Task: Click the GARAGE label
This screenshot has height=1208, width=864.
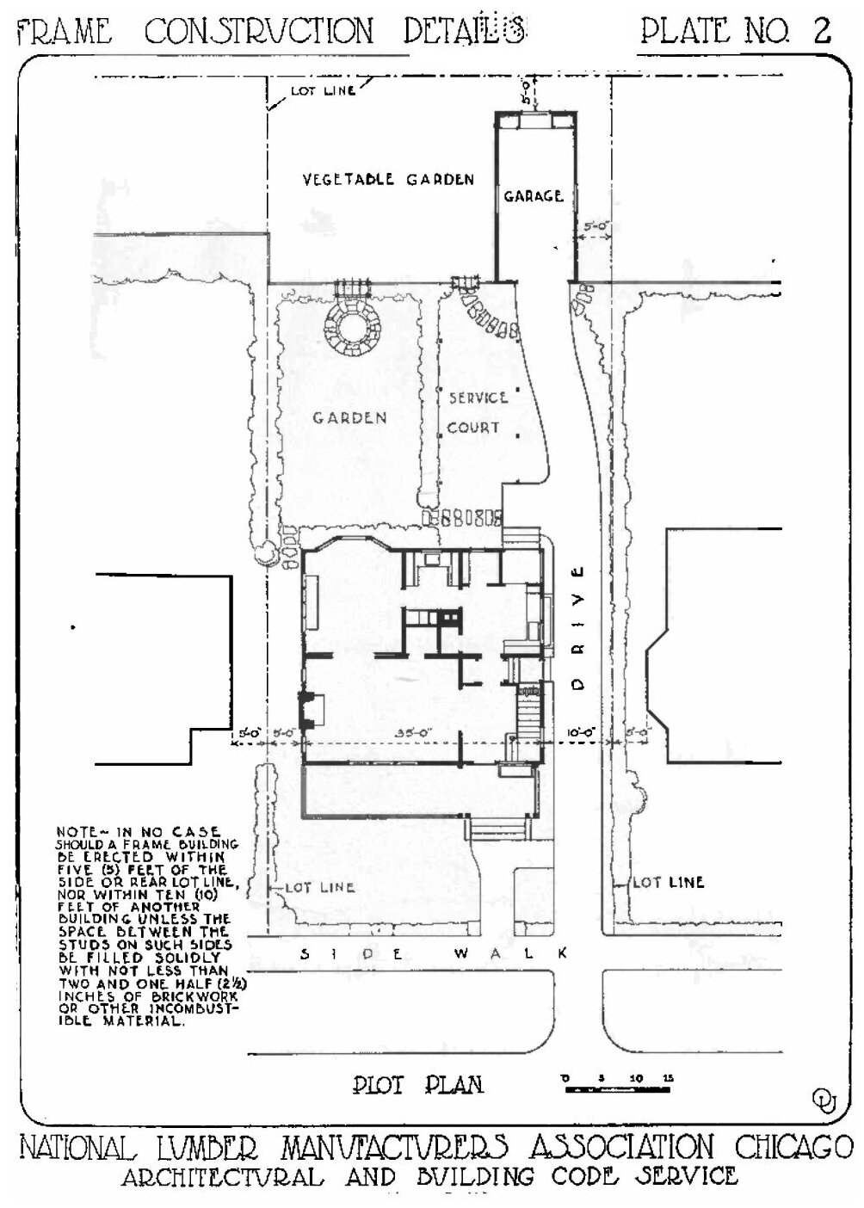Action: pyautogui.click(x=534, y=196)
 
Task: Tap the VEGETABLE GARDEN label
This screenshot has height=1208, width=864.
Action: pyautogui.click(x=389, y=180)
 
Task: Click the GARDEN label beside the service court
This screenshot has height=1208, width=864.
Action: pyautogui.click(x=349, y=418)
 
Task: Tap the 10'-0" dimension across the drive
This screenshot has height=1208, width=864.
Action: pyautogui.click(x=579, y=734)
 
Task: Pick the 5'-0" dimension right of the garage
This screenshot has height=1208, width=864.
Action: pyautogui.click(x=595, y=228)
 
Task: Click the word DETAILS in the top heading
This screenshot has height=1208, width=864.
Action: pyautogui.click(x=464, y=31)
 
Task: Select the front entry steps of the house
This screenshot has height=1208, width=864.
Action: pyautogui.click(x=497, y=829)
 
